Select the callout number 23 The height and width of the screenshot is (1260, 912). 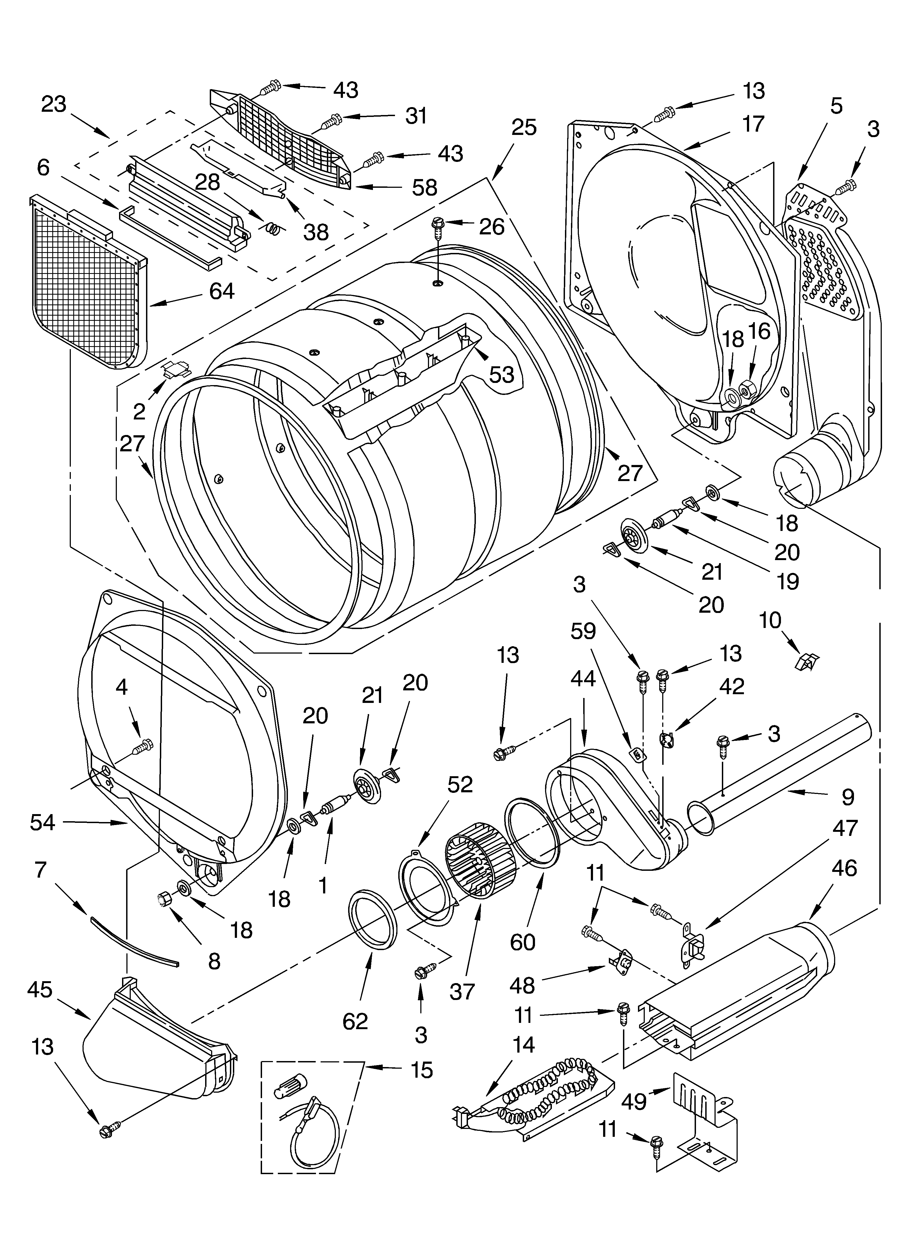click(54, 104)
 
